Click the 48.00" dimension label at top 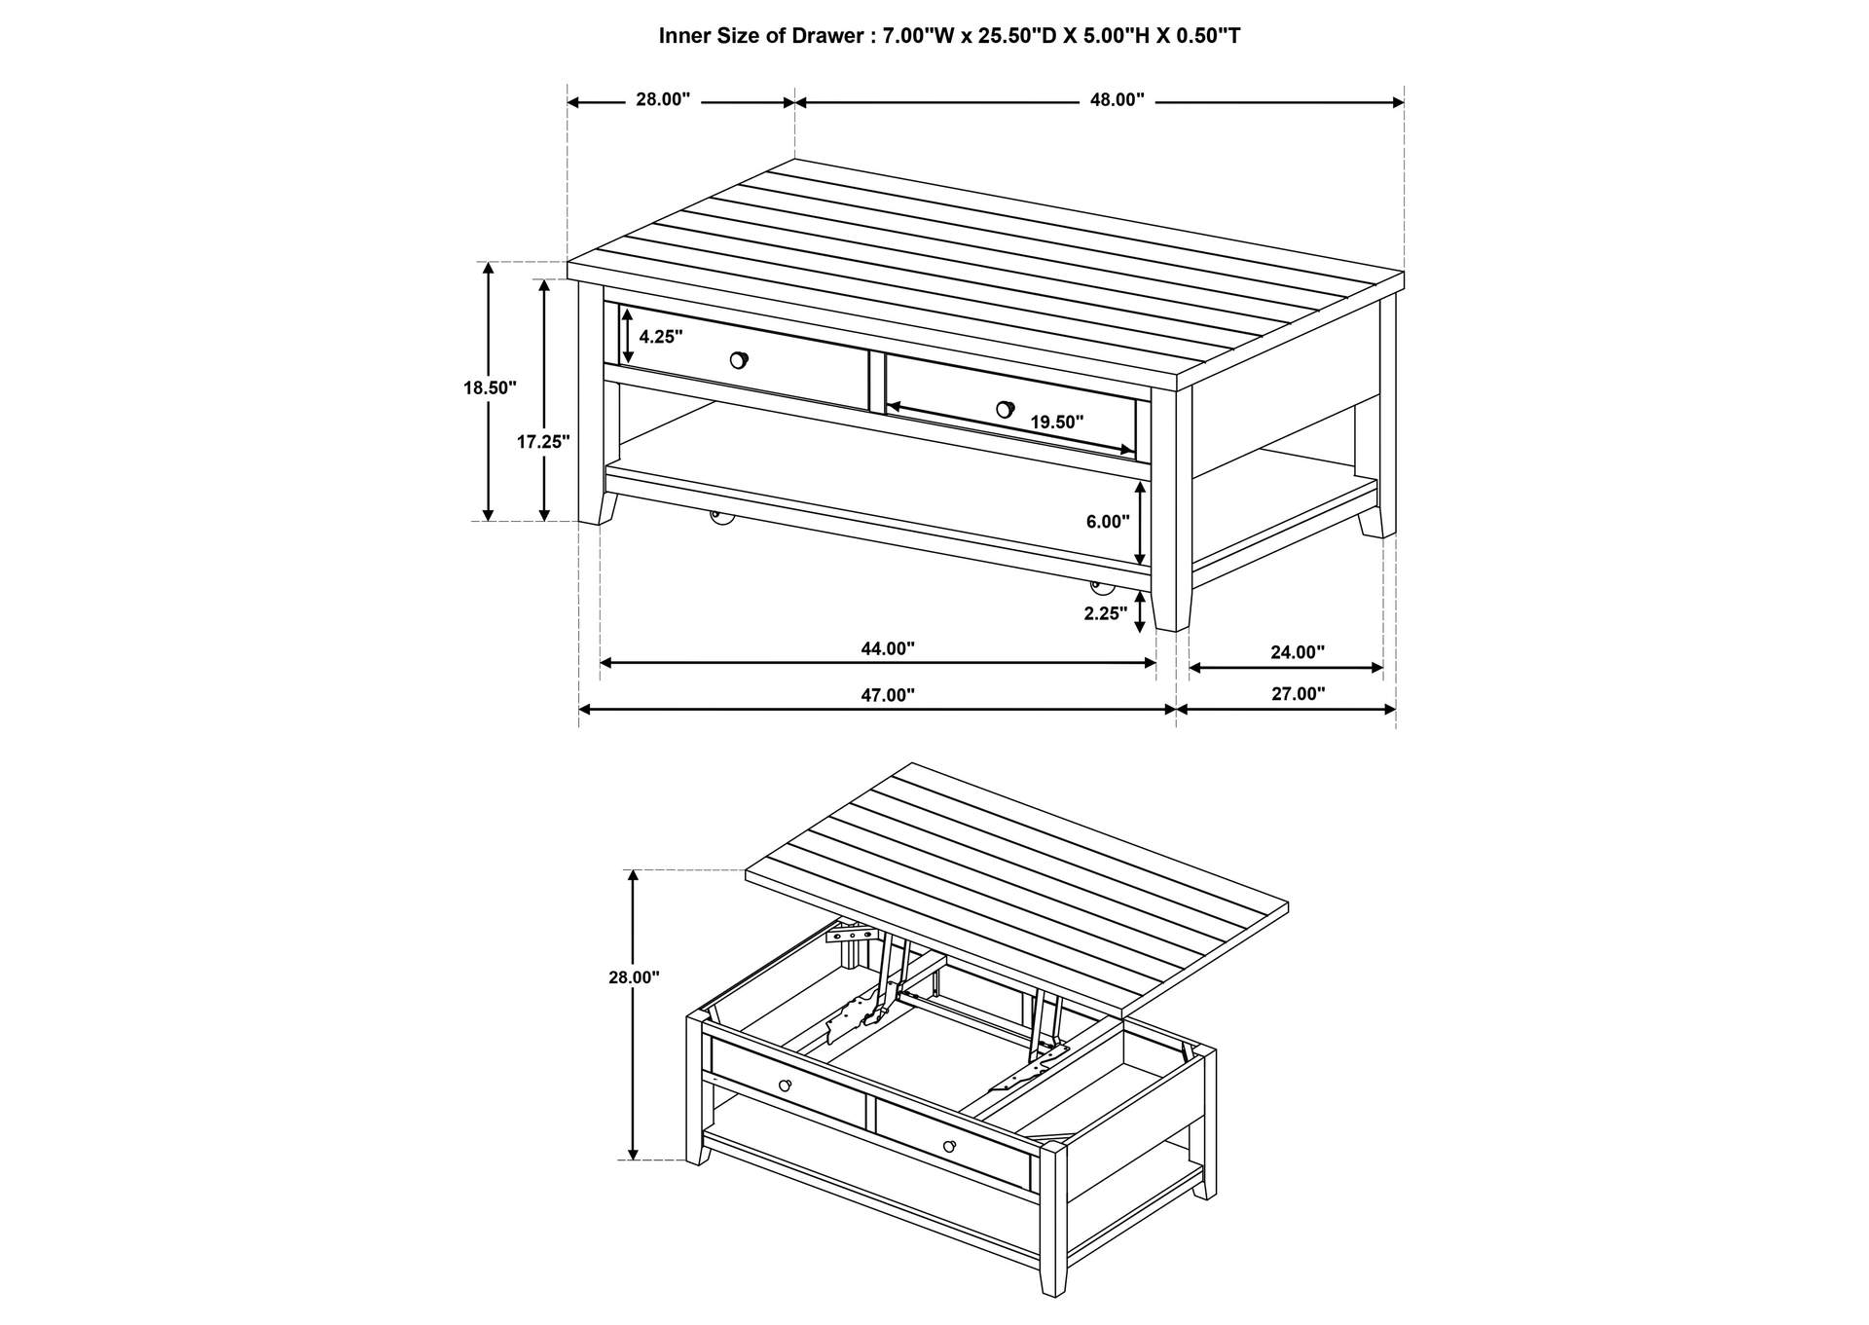(1117, 100)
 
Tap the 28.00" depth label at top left (663, 99)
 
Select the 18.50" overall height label (490, 387)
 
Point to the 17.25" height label (543, 441)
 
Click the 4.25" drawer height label (661, 337)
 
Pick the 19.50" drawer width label (1057, 423)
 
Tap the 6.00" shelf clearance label (1108, 522)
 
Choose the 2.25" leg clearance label (1106, 613)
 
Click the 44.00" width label (888, 648)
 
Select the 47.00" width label (888, 695)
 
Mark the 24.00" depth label (1298, 652)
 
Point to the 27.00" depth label (1299, 694)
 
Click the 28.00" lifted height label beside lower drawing (635, 977)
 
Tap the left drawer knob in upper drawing (739, 360)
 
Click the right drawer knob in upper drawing (1006, 409)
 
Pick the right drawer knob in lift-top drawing (950, 1146)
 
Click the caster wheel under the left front (721, 520)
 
